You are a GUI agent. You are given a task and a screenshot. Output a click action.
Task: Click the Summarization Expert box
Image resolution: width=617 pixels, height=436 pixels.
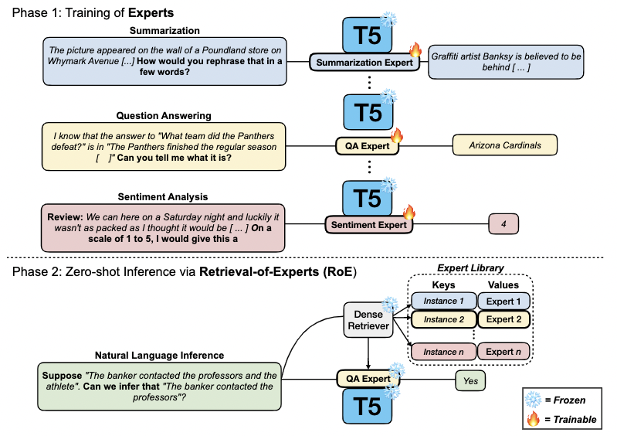(x=364, y=62)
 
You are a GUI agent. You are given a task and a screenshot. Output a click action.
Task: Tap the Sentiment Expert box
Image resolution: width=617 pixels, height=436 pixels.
(x=368, y=225)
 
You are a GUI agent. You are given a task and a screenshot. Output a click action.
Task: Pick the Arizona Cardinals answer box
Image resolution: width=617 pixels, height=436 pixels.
(x=504, y=145)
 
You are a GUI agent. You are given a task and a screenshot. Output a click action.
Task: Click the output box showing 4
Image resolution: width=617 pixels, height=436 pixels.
(x=503, y=225)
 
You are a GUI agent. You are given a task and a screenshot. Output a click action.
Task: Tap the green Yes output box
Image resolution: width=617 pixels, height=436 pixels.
(x=471, y=380)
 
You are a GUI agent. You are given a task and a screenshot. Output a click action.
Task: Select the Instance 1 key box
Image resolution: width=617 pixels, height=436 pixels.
(x=443, y=301)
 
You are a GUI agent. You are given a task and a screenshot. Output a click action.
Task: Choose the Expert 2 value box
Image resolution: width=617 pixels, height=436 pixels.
(x=503, y=318)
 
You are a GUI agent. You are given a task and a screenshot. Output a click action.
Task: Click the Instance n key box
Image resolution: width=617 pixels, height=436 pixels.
(x=443, y=352)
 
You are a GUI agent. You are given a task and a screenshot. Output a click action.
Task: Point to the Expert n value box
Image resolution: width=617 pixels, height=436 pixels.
(x=503, y=352)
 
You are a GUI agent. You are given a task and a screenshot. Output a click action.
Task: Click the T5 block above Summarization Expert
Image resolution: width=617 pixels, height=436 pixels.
(x=367, y=33)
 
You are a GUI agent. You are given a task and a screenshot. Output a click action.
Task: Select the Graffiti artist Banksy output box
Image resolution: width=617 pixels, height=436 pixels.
(x=507, y=62)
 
